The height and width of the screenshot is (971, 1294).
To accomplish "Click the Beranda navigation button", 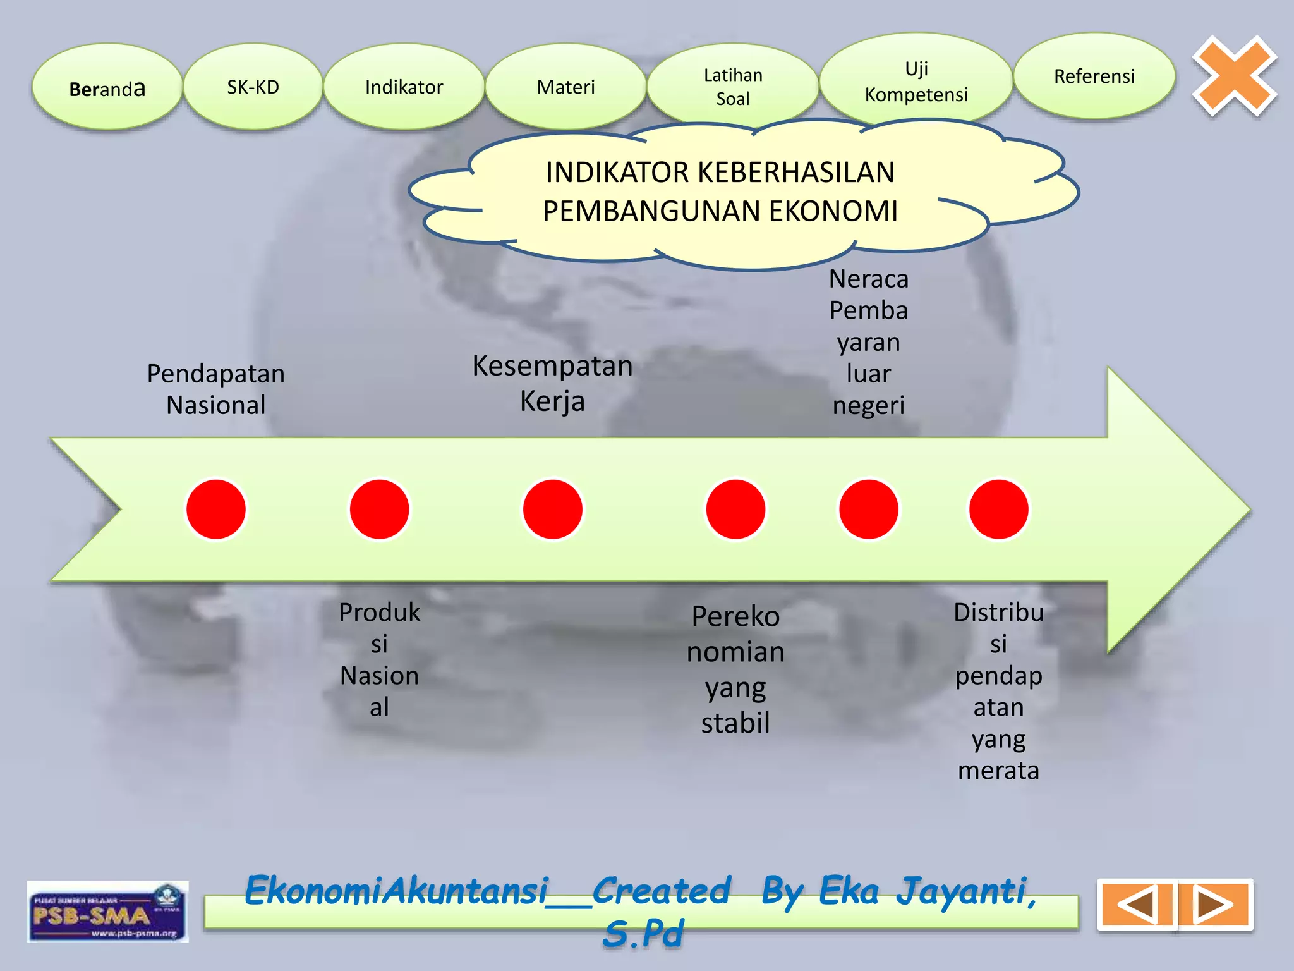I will pyautogui.click(x=107, y=87).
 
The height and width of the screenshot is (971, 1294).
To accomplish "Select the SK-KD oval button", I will pyautogui.click(x=253, y=87).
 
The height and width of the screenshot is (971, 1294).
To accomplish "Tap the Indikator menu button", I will pyautogui.click(x=404, y=87).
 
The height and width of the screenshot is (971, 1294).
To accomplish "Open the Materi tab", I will pyautogui.click(x=565, y=87).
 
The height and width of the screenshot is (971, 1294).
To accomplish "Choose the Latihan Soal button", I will pyautogui.click(x=732, y=87).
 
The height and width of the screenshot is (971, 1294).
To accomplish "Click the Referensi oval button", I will pyautogui.click(x=1094, y=76).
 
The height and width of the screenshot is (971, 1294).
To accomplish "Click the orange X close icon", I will pyautogui.click(x=1234, y=76).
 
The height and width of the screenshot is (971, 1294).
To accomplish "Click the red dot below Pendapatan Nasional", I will pyautogui.click(x=216, y=510).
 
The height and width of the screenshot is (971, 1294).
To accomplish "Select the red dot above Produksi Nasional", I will pyautogui.click(x=379, y=510).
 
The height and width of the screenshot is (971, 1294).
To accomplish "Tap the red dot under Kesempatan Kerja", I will pyautogui.click(x=552, y=510).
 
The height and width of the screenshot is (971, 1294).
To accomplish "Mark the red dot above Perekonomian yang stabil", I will pyautogui.click(x=735, y=510).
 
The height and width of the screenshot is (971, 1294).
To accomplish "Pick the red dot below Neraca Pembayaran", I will pyautogui.click(x=868, y=510).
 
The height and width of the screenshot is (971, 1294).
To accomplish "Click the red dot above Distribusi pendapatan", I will pyautogui.click(x=998, y=510).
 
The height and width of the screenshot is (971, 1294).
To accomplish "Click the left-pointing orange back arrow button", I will pyautogui.click(x=1137, y=905).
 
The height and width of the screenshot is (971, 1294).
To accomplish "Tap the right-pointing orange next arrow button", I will pyautogui.click(x=1213, y=905).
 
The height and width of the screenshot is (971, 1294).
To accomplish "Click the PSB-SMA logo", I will pyautogui.click(x=107, y=912).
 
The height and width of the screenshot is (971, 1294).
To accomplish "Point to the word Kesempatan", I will pyautogui.click(x=552, y=366).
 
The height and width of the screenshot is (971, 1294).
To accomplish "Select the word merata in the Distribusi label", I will pyautogui.click(x=998, y=771).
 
